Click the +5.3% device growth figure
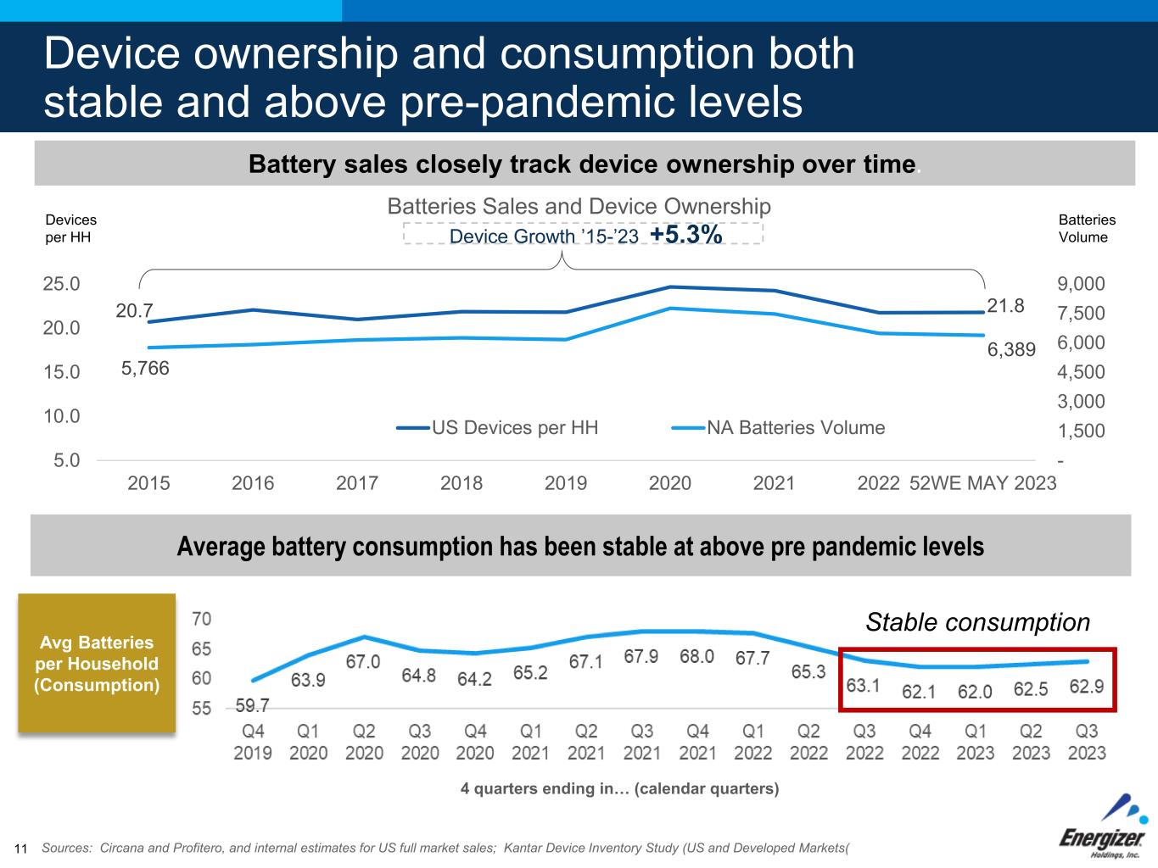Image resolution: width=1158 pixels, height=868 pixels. pyautogui.click(x=685, y=235)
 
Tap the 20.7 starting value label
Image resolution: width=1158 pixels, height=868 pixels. pyautogui.click(x=134, y=312)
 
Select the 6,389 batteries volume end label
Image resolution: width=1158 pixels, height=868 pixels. pyautogui.click(x=1011, y=349)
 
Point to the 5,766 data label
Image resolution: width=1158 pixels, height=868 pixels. pyautogui.click(x=145, y=368)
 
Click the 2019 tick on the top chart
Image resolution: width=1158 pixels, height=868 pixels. pyautogui.click(x=565, y=483)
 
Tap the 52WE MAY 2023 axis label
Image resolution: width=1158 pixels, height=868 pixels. pyautogui.click(x=982, y=483)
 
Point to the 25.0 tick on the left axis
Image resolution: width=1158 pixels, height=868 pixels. pyautogui.click(x=61, y=283)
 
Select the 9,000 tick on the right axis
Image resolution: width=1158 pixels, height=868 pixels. pyautogui.click(x=1081, y=284)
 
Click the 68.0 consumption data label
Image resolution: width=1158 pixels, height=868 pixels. pyautogui.click(x=696, y=657)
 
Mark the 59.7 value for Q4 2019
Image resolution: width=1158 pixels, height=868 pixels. pyautogui.click(x=252, y=705)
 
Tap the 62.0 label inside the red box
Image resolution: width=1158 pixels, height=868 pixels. pyautogui.click(x=975, y=692)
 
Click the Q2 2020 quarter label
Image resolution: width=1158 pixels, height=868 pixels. pyautogui.click(x=364, y=742)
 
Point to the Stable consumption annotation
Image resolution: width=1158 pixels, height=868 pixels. pyautogui.click(x=977, y=622)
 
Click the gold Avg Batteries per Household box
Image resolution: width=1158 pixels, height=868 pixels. pyautogui.click(x=97, y=663)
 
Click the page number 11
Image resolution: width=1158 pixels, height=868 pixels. pyautogui.click(x=21, y=849)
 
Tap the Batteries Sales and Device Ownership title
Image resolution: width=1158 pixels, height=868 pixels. pyautogui.click(x=579, y=207)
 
